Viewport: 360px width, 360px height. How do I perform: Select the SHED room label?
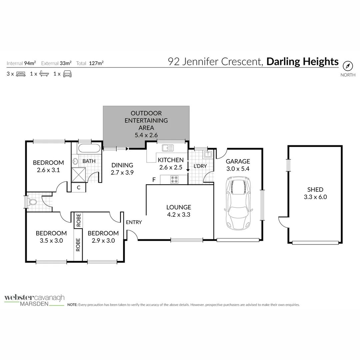[x=315, y=190]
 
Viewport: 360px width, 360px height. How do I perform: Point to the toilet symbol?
[x=33, y=202]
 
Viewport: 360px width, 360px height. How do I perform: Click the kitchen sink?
[x=167, y=148]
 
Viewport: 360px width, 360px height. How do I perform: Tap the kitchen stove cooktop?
[x=174, y=180]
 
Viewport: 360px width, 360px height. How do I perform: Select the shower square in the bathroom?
[x=79, y=174]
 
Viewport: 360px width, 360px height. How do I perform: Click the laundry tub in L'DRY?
[x=207, y=154]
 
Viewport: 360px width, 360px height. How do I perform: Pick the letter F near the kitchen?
[x=154, y=180]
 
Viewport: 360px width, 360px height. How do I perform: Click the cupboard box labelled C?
[x=79, y=188]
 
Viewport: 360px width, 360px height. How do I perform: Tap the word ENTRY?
[x=134, y=222]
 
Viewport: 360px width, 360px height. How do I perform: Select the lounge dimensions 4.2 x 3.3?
[x=179, y=215]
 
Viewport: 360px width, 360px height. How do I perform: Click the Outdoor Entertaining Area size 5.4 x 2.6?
[x=146, y=135]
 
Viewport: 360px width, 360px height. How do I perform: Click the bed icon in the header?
[x=21, y=74]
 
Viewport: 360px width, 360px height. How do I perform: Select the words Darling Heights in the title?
[x=302, y=62]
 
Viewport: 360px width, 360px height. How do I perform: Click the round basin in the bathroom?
[x=75, y=162]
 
